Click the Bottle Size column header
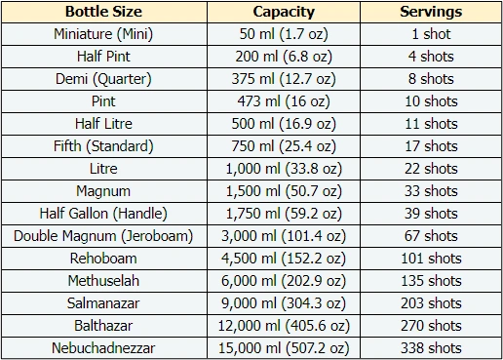(x=102, y=13)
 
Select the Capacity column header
(x=283, y=13)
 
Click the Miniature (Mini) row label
(x=102, y=34)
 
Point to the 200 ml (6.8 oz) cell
(x=283, y=57)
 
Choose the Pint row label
(x=102, y=101)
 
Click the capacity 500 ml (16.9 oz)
(x=283, y=124)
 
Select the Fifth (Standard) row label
(x=102, y=146)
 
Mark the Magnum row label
(x=102, y=191)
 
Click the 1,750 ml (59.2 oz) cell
(x=283, y=214)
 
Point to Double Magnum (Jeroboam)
(x=102, y=236)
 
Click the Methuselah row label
(x=102, y=281)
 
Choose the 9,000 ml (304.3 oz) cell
(x=283, y=303)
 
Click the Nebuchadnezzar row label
(x=102, y=348)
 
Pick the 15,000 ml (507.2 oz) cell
(x=283, y=348)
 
